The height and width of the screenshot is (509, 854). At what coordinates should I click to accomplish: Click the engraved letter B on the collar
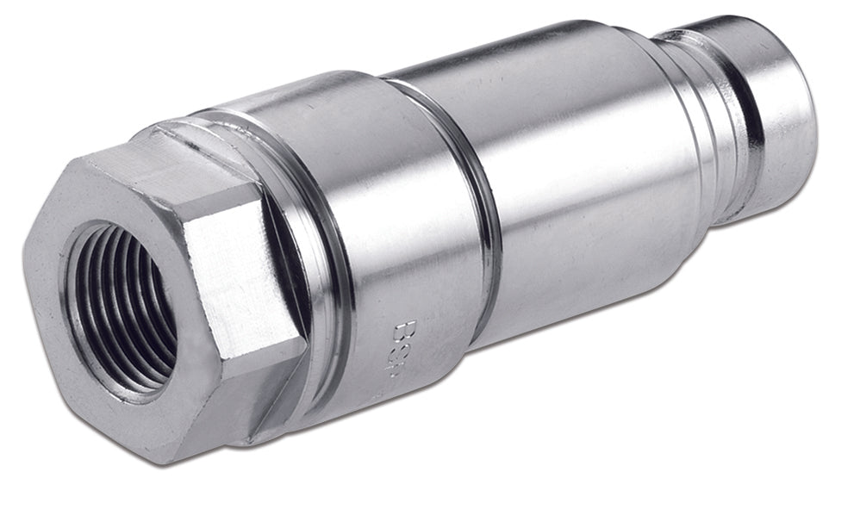(x=403, y=331)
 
